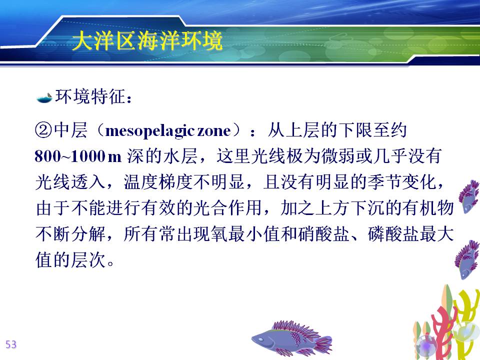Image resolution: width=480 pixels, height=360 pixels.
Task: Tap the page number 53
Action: coord(11,344)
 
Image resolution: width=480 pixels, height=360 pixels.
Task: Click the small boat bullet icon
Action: coord(44,98)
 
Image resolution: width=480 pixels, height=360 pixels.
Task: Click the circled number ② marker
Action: coord(44,130)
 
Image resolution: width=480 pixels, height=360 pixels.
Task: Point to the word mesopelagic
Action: coord(150,131)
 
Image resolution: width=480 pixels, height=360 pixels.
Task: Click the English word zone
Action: coord(214,131)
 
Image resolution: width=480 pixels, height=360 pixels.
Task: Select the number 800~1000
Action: coord(69,156)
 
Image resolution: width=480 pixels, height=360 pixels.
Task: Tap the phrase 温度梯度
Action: coord(158,182)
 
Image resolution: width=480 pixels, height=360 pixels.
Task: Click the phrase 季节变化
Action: coord(402,182)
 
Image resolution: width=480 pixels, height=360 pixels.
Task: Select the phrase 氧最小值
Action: coord(245,234)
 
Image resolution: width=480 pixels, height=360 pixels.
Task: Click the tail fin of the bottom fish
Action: coord(323,344)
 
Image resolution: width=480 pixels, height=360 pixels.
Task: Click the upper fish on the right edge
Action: coord(468,196)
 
